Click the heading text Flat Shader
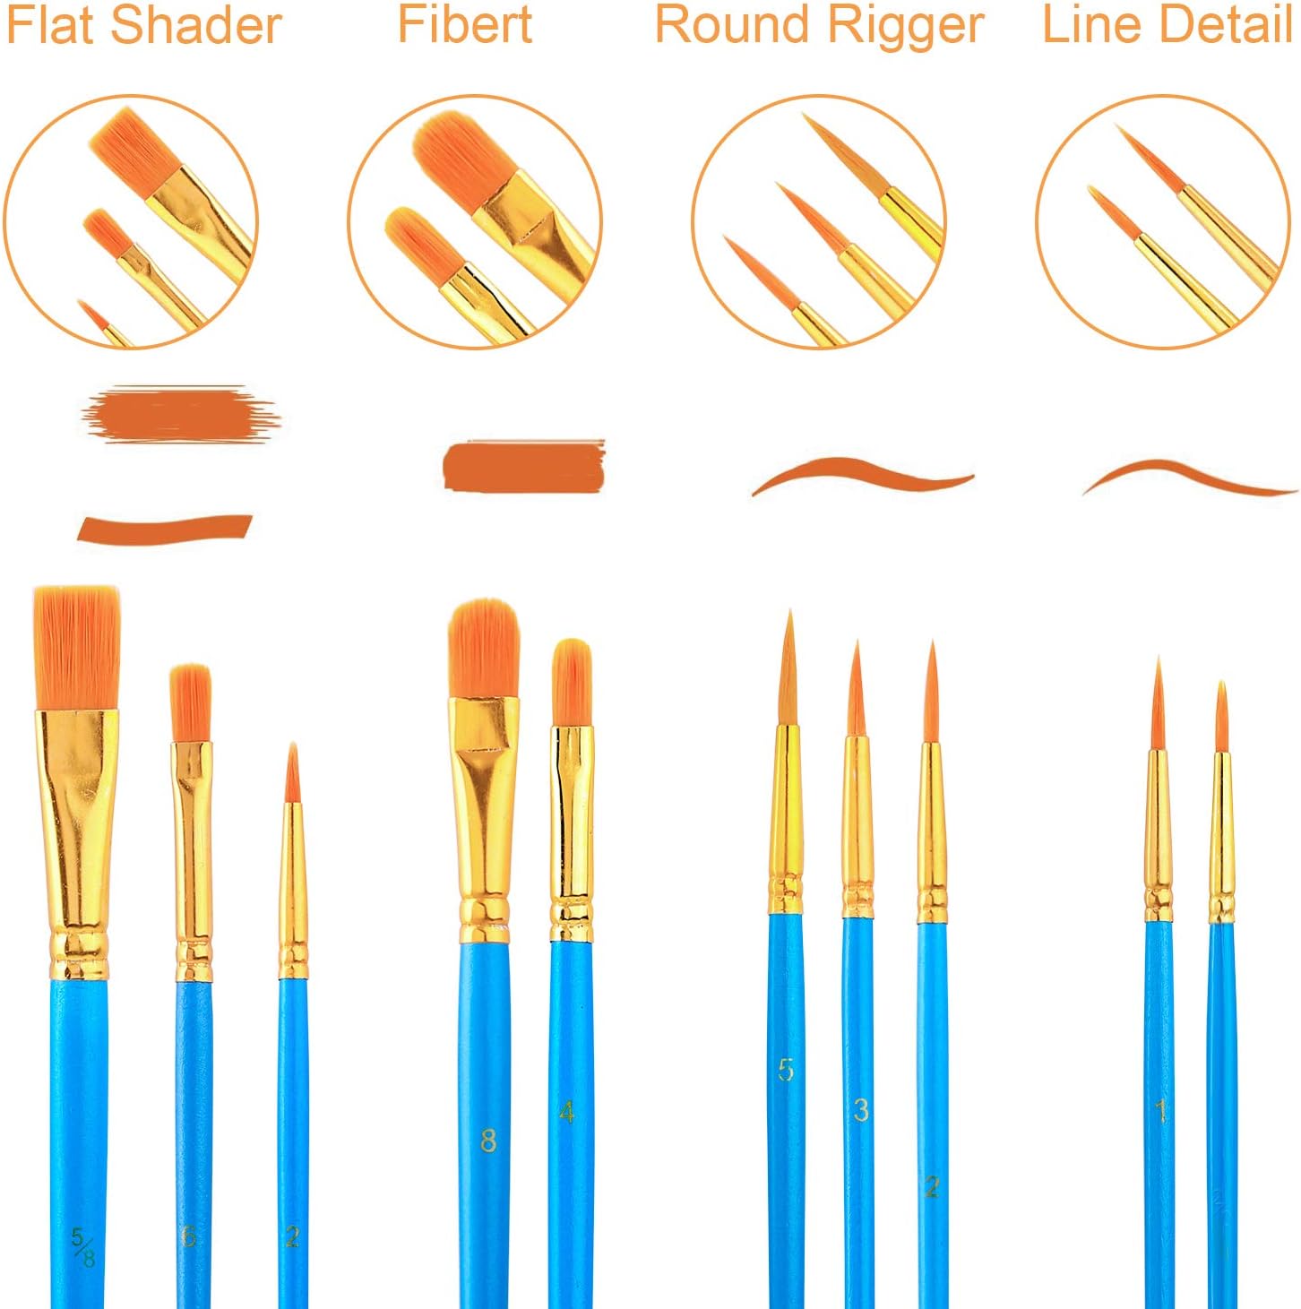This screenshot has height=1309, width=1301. pos(144,26)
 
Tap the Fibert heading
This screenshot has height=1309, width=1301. pos(465,24)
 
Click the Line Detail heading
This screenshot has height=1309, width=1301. pos(1167,24)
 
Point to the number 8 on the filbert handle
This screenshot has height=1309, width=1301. pos(487,1140)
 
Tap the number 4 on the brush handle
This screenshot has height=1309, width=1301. pos(566,1112)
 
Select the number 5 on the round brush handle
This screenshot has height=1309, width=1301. pos(786,1069)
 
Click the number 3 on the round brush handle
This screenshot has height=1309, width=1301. pos(861,1110)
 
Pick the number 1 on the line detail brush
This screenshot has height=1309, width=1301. pos(1161,1111)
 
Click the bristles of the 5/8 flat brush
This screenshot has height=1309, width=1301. pos(77,648)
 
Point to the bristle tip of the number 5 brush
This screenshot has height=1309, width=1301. pos(790,611)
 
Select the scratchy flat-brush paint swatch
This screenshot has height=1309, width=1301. pos(181,414)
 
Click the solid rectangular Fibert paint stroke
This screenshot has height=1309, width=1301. pos(523,465)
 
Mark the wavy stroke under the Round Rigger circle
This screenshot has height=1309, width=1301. pos(863,476)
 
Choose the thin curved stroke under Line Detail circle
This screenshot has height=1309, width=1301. pos(1190,477)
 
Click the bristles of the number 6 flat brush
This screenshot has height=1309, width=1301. pos(190,703)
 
